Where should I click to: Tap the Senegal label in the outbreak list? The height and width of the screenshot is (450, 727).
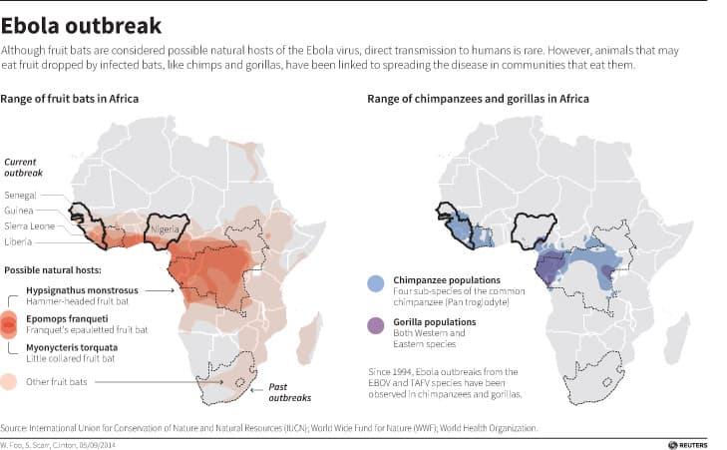point(21,196)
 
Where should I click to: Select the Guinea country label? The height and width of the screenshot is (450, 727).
point(20,211)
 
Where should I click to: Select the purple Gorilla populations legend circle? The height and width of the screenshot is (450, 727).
point(374,327)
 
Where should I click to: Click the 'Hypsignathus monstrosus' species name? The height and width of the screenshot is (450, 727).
point(81,290)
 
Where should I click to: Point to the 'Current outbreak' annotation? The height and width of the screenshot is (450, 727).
point(26,166)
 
